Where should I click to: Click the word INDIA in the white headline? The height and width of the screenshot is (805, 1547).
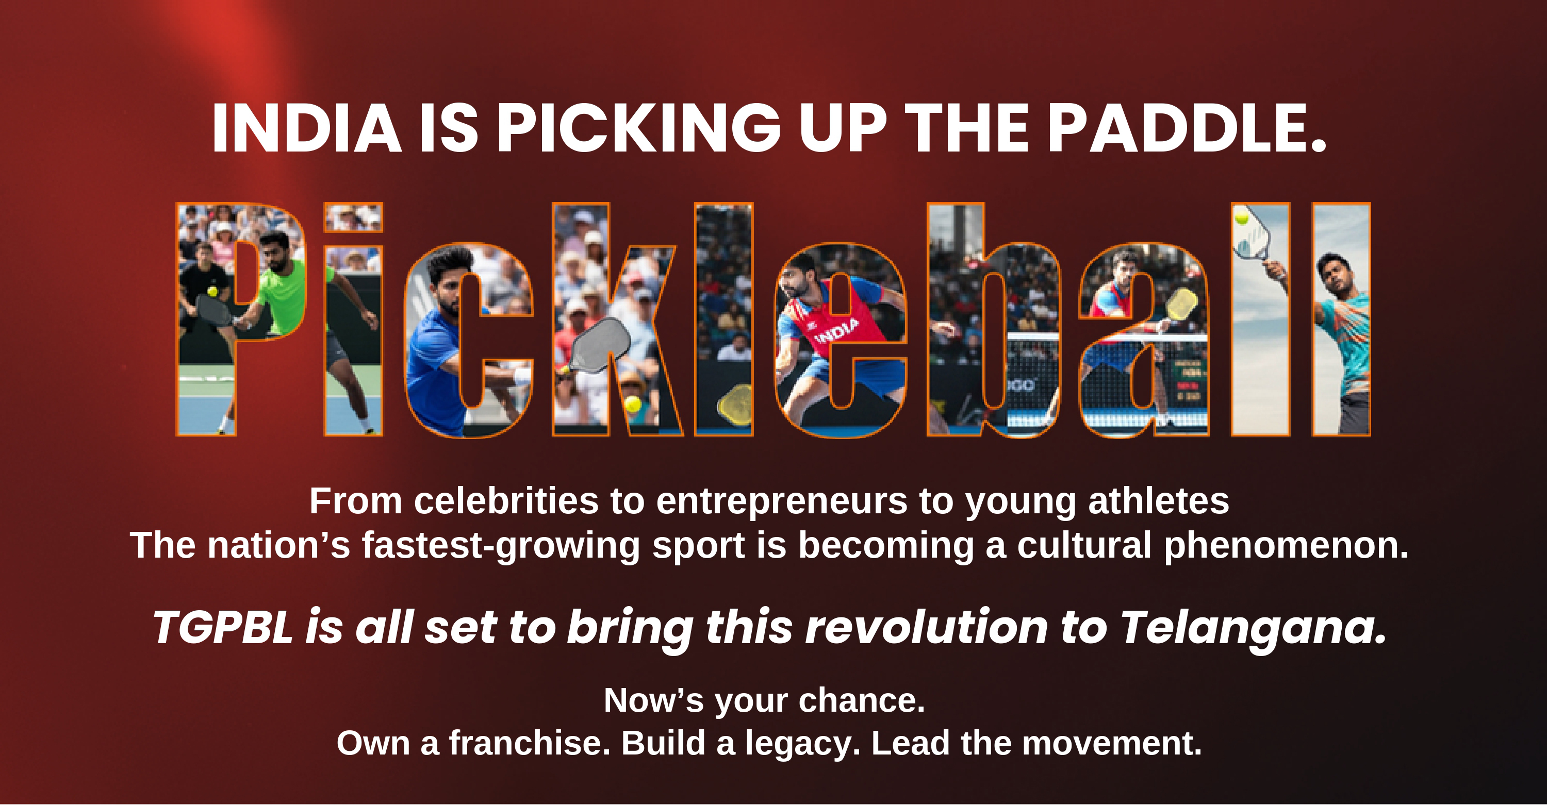pyautogui.click(x=306, y=128)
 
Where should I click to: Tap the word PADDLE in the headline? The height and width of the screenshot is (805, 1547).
pyautogui.click(x=1186, y=128)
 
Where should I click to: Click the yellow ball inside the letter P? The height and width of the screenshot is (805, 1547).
pyautogui.click(x=212, y=291)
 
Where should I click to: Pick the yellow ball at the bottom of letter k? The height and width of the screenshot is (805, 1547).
pyautogui.click(x=632, y=404)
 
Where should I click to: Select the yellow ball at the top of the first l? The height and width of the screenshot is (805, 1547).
pyautogui.click(x=1241, y=216)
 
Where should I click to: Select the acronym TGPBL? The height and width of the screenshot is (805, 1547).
pyautogui.click(x=223, y=627)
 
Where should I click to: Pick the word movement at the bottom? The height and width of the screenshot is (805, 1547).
pyautogui.click(x=1112, y=744)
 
